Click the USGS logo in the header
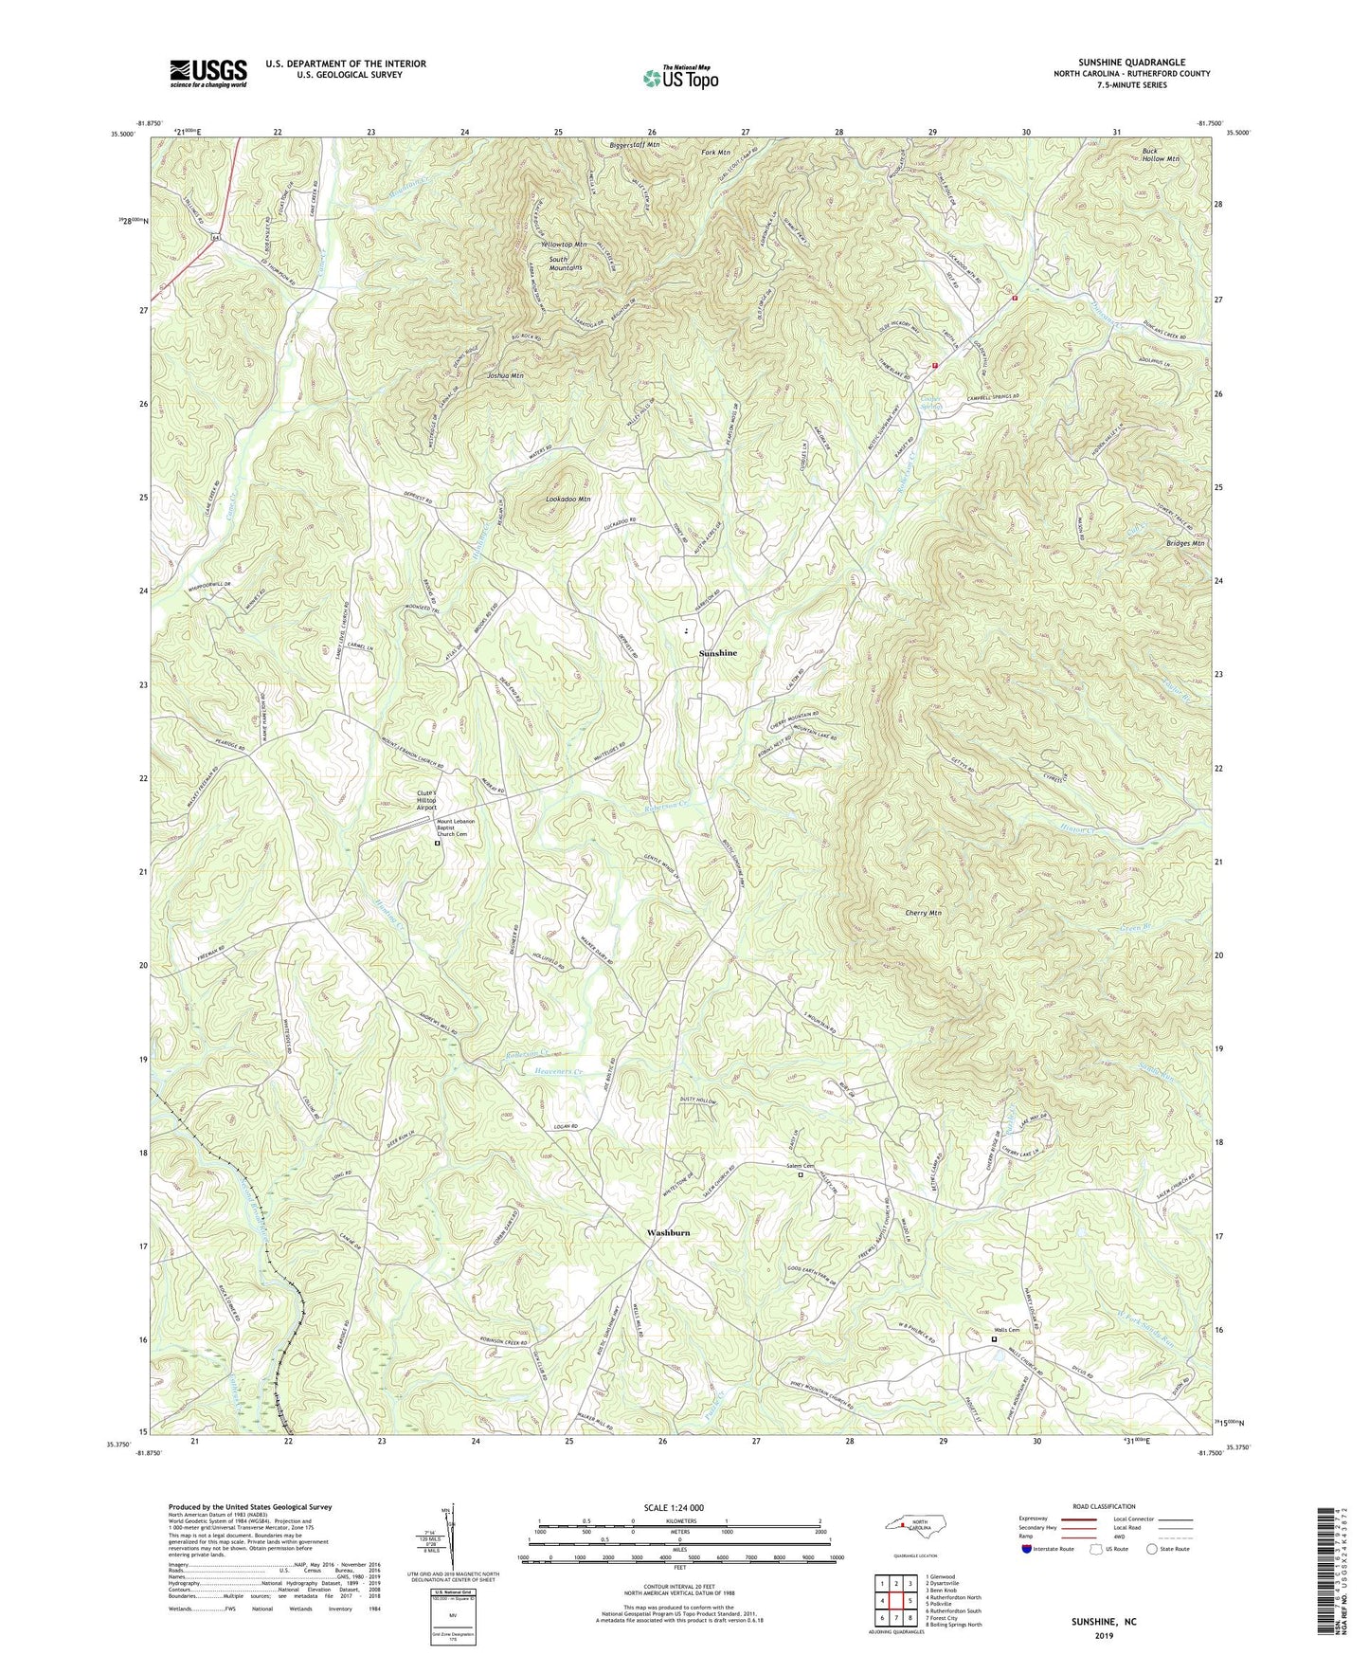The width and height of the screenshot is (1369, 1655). point(208,73)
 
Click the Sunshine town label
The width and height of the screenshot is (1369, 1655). point(717,654)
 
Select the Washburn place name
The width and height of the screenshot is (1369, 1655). point(668,1232)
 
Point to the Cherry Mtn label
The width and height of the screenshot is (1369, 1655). point(923,913)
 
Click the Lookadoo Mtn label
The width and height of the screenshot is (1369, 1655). point(568,499)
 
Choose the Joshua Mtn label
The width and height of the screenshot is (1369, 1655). point(505,375)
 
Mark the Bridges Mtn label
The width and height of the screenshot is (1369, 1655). point(1184,543)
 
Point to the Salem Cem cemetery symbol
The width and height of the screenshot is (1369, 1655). point(801,1175)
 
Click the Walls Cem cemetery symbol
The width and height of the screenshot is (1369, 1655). point(994,1339)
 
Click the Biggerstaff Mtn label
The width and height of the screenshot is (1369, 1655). point(635,145)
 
